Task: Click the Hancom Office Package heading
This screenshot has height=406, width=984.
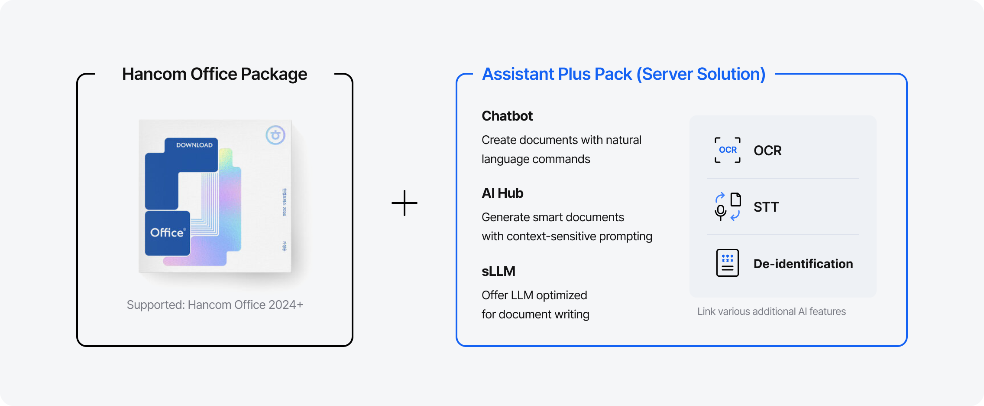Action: (214, 74)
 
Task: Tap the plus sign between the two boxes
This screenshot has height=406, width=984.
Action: (405, 203)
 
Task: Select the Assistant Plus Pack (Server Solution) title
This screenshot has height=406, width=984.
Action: (624, 74)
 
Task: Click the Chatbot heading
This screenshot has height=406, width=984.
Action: (507, 116)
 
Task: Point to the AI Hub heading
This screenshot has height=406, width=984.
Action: (502, 193)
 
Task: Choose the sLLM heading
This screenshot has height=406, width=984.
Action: (498, 271)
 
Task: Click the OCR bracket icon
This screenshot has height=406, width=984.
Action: (728, 150)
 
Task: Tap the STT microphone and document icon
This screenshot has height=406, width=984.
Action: (728, 206)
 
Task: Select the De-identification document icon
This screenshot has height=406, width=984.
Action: (728, 263)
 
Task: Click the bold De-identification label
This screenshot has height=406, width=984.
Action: (803, 264)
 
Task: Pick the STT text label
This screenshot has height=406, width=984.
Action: (766, 207)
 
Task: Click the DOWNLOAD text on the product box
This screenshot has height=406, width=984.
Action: (194, 145)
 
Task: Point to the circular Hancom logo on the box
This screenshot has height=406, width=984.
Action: (275, 135)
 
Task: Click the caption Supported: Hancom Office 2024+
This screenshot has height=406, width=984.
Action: (215, 305)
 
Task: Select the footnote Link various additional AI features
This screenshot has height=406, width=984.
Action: (771, 311)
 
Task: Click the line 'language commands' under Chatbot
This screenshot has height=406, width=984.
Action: (536, 159)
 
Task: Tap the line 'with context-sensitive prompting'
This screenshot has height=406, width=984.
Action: (566, 236)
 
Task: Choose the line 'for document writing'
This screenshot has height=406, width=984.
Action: (535, 314)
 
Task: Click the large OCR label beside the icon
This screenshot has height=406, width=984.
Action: (767, 151)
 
